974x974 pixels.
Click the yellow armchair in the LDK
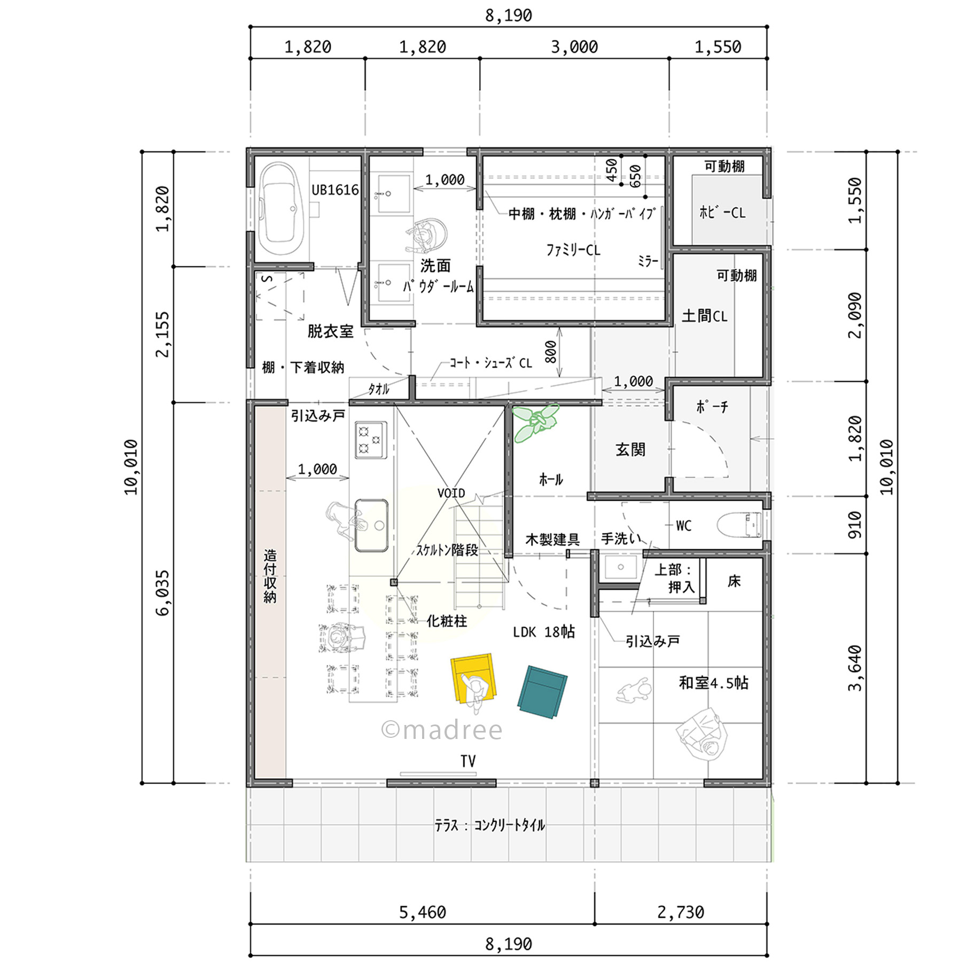point(473,677)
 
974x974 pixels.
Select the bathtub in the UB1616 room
point(278,209)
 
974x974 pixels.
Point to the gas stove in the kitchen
point(371,439)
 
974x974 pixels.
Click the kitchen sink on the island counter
point(371,525)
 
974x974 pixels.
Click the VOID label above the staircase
point(451,493)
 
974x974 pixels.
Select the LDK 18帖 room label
point(543,632)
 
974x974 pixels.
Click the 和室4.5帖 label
point(713,682)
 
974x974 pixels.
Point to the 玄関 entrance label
point(630,449)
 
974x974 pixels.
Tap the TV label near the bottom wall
point(468,761)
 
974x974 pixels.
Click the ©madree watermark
point(442,730)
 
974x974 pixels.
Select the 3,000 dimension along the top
point(574,47)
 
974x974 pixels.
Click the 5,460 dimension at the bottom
point(422,911)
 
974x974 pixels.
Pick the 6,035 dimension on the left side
point(162,593)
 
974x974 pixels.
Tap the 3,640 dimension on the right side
point(855,668)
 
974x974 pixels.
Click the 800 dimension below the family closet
point(550,352)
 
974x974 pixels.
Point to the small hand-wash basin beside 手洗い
point(621,567)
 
